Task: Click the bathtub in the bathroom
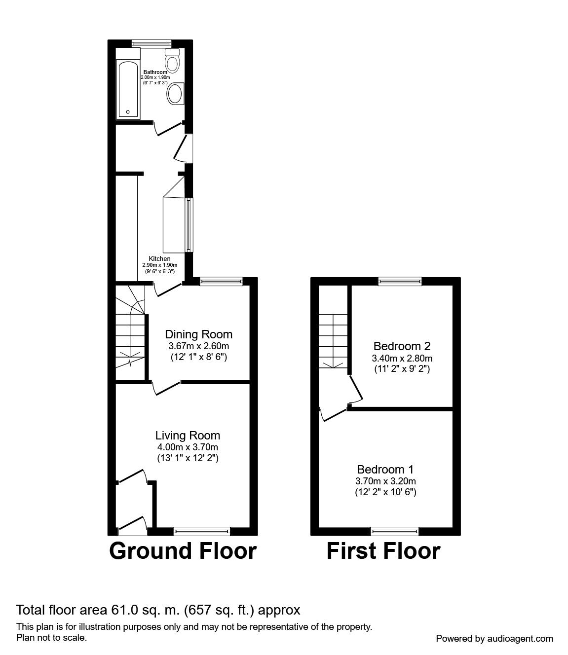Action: click(x=128, y=90)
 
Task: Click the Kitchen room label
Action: click(x=159, y=258)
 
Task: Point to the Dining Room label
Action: click(x=198, y=334)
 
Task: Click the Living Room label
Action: click(x=188, y=436)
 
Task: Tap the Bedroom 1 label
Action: click(x=385, y=469)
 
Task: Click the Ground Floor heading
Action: click(x=183, y=551)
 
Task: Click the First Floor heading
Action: click(x=383, y=551)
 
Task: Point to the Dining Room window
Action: click(x=221, y=281)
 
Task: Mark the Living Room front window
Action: click(x=202, y=531)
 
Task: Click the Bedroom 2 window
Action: click(x=400, y=281)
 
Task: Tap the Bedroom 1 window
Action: click(x=395, y=531)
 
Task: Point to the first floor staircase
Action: click(x=333, y=340)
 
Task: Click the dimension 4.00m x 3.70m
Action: click(x=188, y=447)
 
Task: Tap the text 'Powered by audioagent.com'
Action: click(x=494, y=638)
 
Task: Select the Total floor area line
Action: click(x=158, y=610)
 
